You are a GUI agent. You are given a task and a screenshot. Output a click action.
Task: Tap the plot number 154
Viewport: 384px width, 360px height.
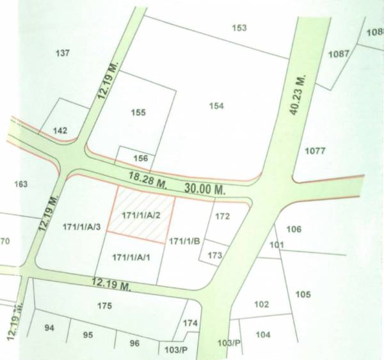click(x=216, y=106)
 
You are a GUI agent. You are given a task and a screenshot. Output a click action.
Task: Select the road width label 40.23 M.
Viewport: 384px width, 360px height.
click(x=295, y=95)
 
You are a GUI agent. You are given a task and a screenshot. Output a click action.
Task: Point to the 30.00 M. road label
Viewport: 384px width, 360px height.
click(x=205, y=190)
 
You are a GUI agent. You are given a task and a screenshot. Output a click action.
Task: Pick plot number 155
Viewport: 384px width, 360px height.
click(x=138, y=113)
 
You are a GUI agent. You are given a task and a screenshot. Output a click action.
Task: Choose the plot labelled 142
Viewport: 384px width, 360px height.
click(x=60, y=131)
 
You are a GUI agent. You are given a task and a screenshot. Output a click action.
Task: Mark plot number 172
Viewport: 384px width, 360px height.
click(x=222, y=217)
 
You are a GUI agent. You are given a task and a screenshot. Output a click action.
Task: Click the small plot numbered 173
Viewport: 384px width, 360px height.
click(x=214, y=256)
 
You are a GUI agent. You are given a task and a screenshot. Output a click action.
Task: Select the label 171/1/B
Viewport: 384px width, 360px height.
click(x=185, y=241)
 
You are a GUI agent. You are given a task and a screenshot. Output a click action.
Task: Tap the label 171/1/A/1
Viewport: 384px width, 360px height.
click(x=131, y=258)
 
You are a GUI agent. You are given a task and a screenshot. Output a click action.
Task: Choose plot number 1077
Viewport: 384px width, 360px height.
click(x=316, y=152)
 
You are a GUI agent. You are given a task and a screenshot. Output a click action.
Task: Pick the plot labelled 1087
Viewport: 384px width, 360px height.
click(x=339, y=54)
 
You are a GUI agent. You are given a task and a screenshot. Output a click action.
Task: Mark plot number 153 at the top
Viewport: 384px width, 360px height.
click(x=239, y=28)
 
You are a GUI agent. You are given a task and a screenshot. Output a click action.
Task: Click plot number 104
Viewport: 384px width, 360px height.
click(x=263, y=335)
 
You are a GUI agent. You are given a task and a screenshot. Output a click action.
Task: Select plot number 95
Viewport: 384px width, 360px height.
click(x=88, y=335)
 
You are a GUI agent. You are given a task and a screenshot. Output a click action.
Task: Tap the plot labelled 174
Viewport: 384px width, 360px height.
click(x=190, y=324)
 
